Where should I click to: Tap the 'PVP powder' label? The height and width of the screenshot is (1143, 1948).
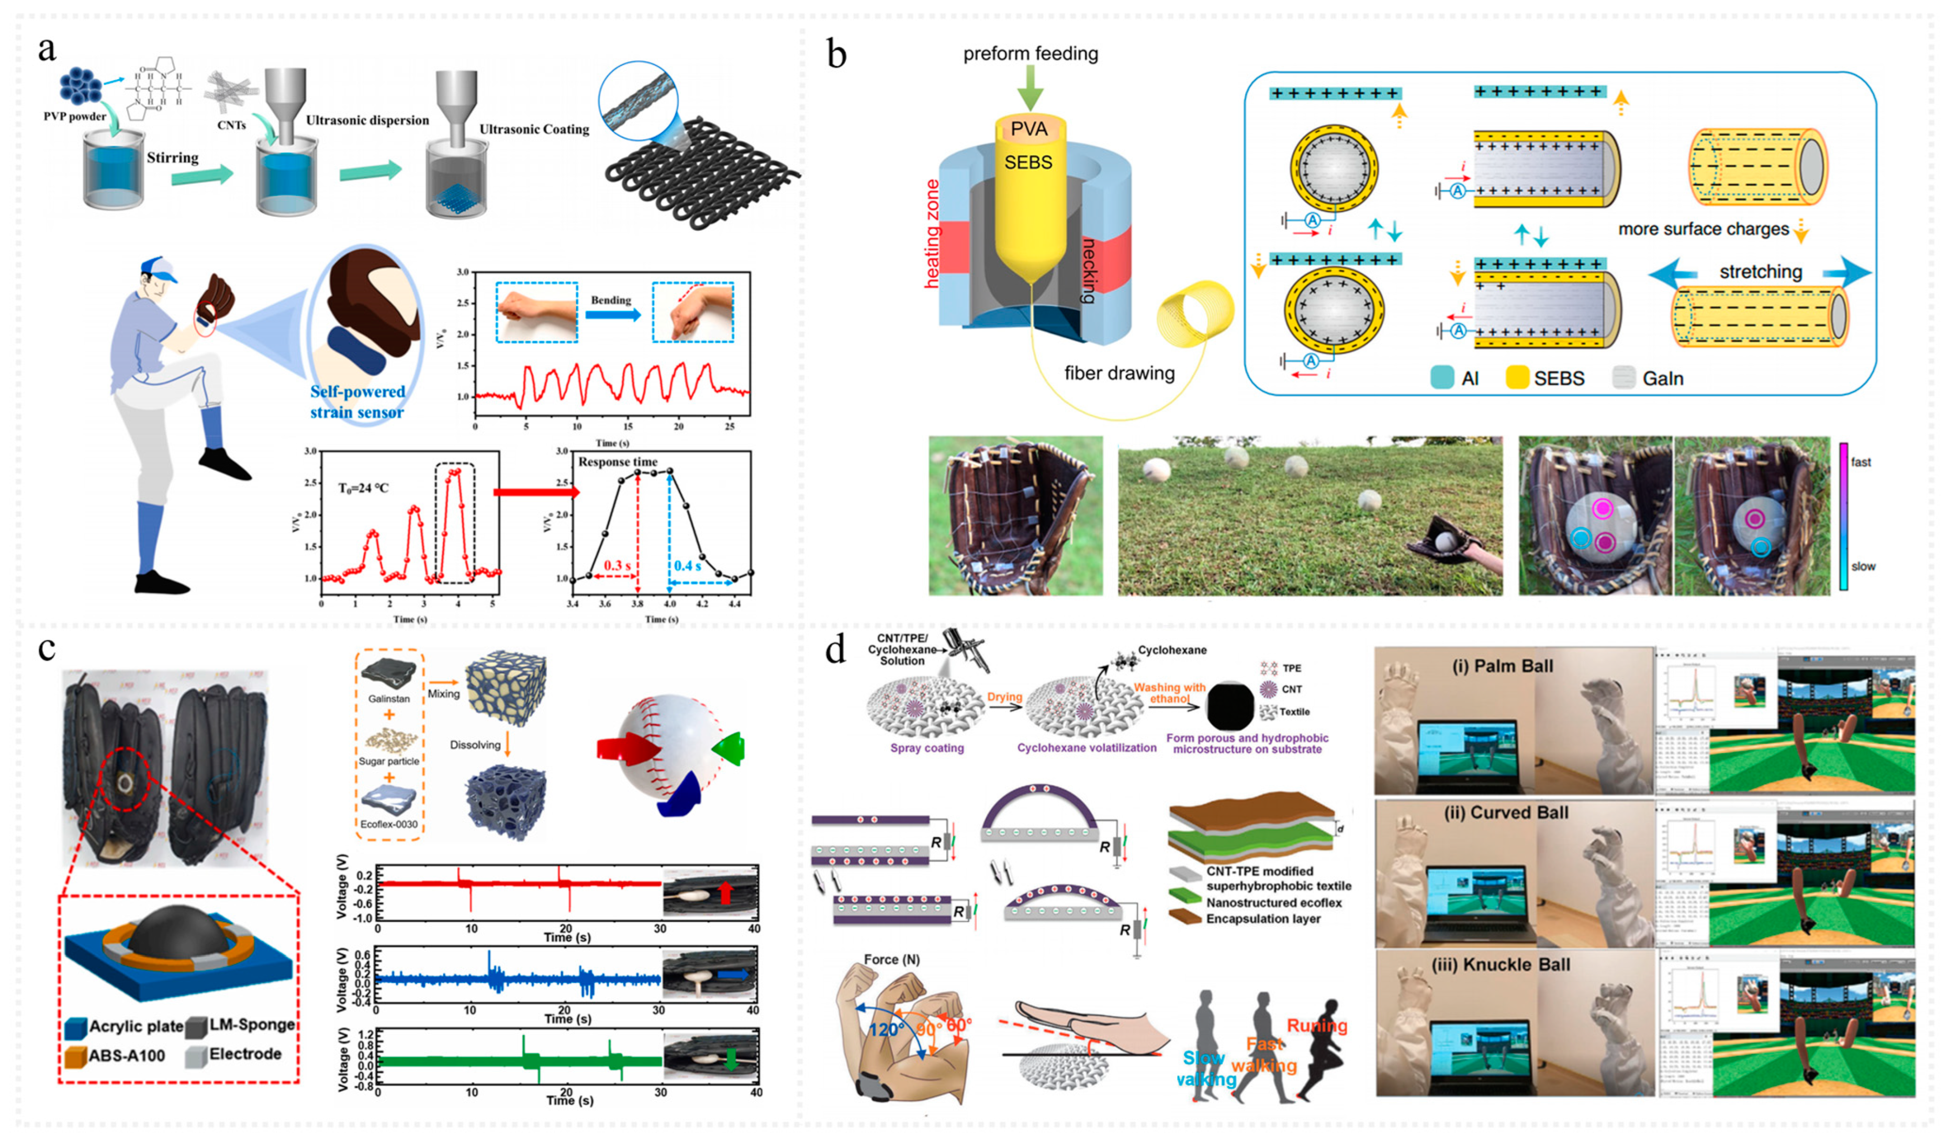pyautogui.click(x=75, y=117)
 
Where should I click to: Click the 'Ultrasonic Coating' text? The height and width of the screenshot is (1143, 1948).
pyautogui.click(x=533, y=129)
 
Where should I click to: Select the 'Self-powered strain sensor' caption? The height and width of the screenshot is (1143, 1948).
pyautogui.click(x=357, y=402)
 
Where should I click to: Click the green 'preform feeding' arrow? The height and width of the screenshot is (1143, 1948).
pyautogui.click(x=1029, y=87)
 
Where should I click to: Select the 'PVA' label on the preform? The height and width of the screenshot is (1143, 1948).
pyautogui.click(x=1029, y=129)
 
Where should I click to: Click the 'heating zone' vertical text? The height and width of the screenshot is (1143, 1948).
pyautogui.click(x=932, y=233)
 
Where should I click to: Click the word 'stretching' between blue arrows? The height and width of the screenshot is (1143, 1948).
pyautogui.click(x=1760, y=272)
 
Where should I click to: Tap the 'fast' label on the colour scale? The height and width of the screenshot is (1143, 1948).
pyautogui.click(x=1861, y=462)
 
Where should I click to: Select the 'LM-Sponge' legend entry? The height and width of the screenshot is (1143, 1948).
pyautogui.click(x=252, y=1025)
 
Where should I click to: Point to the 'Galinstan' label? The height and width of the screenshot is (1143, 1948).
pyautogui.click(x=389, y=699)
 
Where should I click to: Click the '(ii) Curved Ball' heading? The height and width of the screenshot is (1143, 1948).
pyautogui.click(x=1506, y=813)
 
